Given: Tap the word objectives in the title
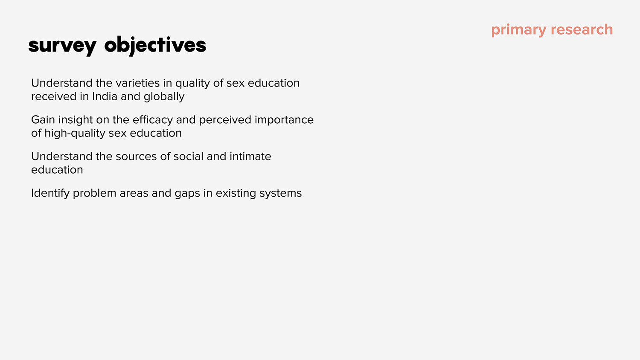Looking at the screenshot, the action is pos(155,46).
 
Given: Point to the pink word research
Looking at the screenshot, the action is pos(582,29).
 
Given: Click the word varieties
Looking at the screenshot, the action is pos(137,83).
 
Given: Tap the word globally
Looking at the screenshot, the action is pos(164,97).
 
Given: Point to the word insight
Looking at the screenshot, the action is pos(76,120).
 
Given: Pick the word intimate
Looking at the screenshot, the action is pos(250,156).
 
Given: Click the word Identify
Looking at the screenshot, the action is pos(50,194).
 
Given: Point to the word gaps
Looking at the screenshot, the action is pos(187,194).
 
